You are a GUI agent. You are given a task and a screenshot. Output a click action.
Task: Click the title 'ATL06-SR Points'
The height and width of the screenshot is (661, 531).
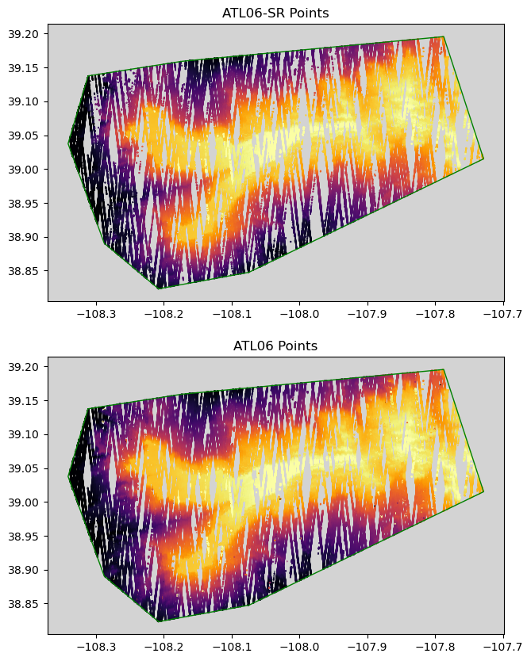coord(275,13)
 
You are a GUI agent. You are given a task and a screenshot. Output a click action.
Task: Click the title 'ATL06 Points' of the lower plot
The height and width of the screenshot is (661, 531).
coord(275,346)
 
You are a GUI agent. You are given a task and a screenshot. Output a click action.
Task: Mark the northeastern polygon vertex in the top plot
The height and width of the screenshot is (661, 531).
coord(444,36)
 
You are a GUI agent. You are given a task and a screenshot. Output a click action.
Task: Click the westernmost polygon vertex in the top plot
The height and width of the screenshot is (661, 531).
coord(69,143)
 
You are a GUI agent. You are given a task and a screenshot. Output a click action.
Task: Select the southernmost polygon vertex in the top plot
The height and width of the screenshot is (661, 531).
coord(158,288)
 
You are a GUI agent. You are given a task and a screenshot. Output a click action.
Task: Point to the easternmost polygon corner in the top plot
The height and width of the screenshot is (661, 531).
coord(483,159)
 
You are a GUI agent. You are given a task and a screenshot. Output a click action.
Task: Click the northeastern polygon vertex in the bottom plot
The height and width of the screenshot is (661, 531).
coord(444,369)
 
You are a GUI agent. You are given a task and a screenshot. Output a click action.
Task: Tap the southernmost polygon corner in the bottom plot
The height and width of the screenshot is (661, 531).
coord(158,621)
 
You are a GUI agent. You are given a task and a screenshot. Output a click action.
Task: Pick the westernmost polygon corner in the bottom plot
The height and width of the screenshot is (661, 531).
coord(69,476)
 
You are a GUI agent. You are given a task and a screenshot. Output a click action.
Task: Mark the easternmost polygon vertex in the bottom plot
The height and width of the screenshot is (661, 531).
coord(483,491)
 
